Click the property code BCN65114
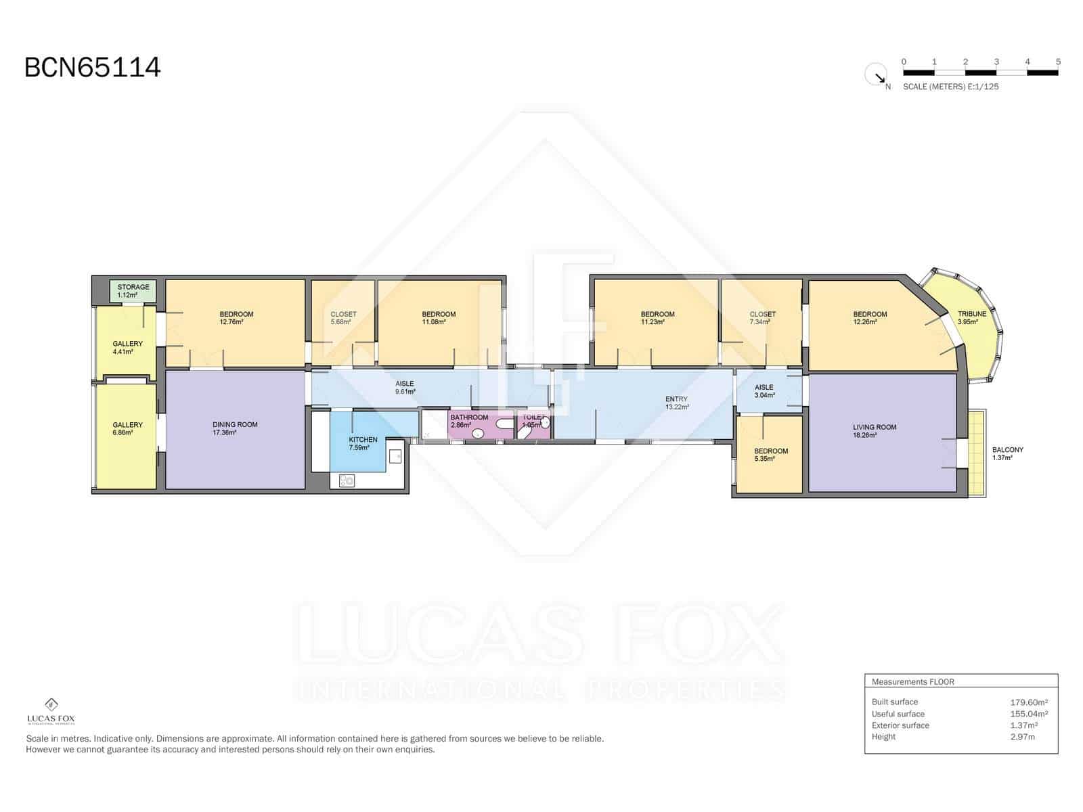(x=93, y=68)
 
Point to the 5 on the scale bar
(x=1058, y=62)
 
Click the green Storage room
(x=133, y=291)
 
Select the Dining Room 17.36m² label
(x=235, y=428)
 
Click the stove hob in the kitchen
(x=347, y=481)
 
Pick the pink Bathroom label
(x=468, y=421)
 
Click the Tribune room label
(x=971, y=317)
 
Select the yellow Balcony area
(x=975, y=452)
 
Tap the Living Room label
(x=875, y=431)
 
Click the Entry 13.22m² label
(x=676, y=403)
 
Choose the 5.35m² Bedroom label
(x=771, y=455)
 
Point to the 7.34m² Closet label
(x=762, y=318)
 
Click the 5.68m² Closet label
(x=343, y=318)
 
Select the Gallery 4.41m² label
(x=127, y=347)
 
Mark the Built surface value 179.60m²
(x=1029, y=702)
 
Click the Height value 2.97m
(x=1022, y=737)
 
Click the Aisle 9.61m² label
(x=405, y=388)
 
